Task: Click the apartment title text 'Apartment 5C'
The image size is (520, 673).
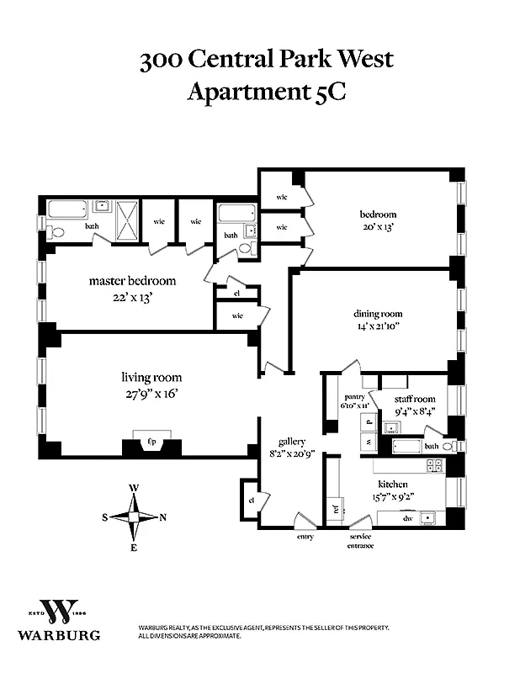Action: click(x=266, y=92)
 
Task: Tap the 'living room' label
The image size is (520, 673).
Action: click(x=151, y=378)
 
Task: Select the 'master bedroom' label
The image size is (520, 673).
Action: click(x=132, y=281)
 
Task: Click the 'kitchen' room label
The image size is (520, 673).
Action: click(x=392, y=485)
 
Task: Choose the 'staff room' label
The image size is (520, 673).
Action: click(x=414, y=399)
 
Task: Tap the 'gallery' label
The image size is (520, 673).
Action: click(x=292, y=442)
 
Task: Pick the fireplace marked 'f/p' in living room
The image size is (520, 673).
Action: click(x=152, y=441)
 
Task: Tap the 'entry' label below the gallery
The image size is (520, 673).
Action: click(x=305, y=537)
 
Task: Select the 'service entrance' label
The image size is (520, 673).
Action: click(x=361, y=541)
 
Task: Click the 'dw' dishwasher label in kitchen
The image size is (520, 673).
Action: click(x=407, y=518)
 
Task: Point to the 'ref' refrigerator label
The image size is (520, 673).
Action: click(x=336, y=508)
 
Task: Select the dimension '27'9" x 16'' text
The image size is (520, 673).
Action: click(x=151, y=392)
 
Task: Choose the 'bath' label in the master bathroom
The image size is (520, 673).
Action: click(x=92, y=225)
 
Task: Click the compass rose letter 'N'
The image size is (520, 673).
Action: click(x=163, y=517)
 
